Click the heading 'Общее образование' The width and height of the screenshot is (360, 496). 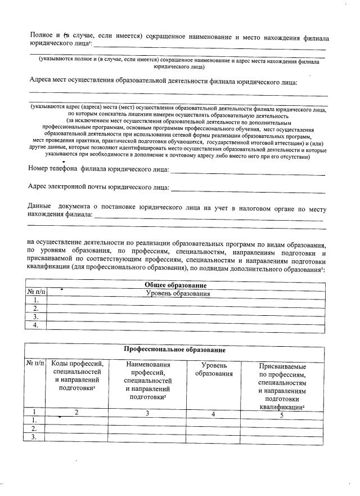(x=175, y=285)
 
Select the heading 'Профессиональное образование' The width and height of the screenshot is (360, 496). (x=175, y=350)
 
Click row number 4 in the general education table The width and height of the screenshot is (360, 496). (x=36, y=325)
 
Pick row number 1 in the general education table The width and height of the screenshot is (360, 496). (x=36, y=301)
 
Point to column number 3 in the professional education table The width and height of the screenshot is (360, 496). (x=147, y=414)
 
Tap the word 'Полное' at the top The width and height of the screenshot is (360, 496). (x=41, y=36)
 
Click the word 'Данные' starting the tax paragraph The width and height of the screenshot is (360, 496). (x=41, y=208)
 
